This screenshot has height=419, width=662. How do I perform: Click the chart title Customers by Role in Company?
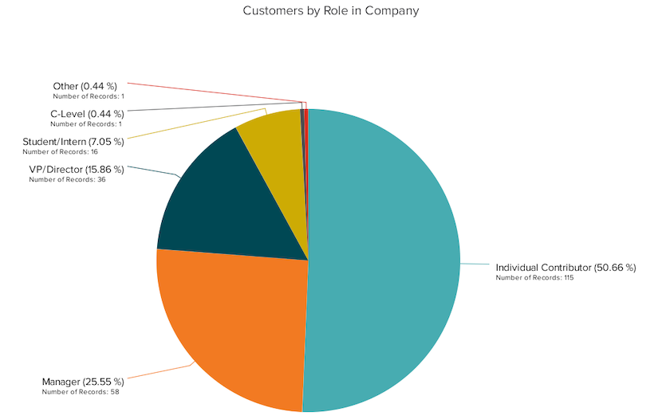click(x=330, y=10)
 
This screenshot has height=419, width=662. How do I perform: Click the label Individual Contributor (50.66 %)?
click(x=565, y=268)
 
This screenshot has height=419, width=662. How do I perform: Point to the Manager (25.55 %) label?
click(x=83, y=382)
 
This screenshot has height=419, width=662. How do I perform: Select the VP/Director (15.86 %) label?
click(x=77, y=170)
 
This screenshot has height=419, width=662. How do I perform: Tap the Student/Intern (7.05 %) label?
click(x=73, y=142)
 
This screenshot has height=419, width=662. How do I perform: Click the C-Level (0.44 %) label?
click(x=88, y=114)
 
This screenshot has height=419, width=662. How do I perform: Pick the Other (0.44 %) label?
click(x=85, y=86)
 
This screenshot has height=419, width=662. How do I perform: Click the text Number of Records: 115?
click(x=534, y=278)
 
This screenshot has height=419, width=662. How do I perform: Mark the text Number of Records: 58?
click(x=81, y=392)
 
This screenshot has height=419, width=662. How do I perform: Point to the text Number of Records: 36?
click(x=67, y=179)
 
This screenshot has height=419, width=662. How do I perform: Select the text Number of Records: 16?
click(x=61, y=152)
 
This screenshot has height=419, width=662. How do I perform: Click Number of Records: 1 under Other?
click(x=89, y=96)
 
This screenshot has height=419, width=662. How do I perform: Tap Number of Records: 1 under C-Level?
click(x=86, y=124)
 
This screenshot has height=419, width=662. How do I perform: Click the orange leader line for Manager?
click(x=160, y=371)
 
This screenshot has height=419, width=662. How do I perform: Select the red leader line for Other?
click(x=217, y=92)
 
